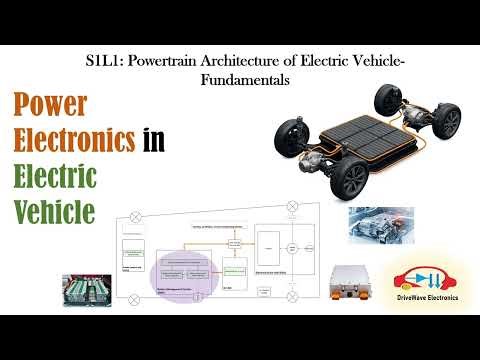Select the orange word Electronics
(73, 142)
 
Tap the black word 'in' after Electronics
(153, 142)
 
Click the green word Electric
(54, 177)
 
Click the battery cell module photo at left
(86, 289)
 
